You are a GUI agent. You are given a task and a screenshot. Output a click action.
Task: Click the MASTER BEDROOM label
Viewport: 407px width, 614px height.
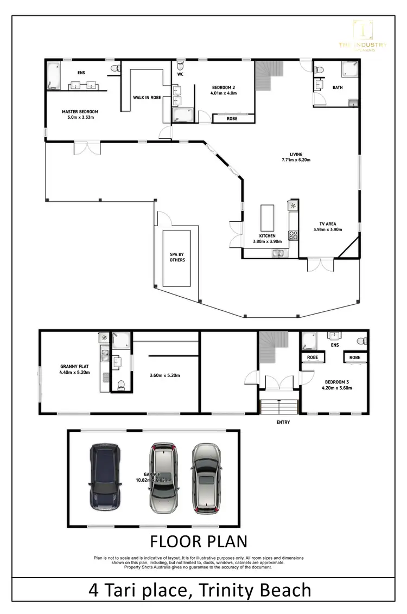point(80,111)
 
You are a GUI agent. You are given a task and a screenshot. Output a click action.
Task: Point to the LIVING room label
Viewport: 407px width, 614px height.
point(296,154)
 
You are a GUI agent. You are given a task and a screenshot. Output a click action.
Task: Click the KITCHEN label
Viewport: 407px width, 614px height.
point(268,236)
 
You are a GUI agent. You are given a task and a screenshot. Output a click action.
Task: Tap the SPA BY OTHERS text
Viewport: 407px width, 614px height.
point(177,257)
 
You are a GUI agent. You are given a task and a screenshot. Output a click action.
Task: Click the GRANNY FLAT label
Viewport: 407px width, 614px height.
point(74,366)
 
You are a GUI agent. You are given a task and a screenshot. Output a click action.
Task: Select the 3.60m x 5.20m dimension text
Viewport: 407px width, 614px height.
point(164,375)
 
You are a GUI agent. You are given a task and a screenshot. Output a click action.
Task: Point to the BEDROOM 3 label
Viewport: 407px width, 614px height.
point(336,381)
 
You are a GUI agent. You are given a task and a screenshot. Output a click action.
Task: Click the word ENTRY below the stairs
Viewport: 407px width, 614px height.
point(283,422)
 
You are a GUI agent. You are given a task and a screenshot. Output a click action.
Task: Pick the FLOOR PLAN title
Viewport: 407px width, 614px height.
point(198,541)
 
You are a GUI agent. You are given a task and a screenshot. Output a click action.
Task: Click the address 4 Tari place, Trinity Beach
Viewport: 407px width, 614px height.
point(200,590)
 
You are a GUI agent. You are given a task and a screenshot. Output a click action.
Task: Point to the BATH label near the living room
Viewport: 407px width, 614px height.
point(338,87)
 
